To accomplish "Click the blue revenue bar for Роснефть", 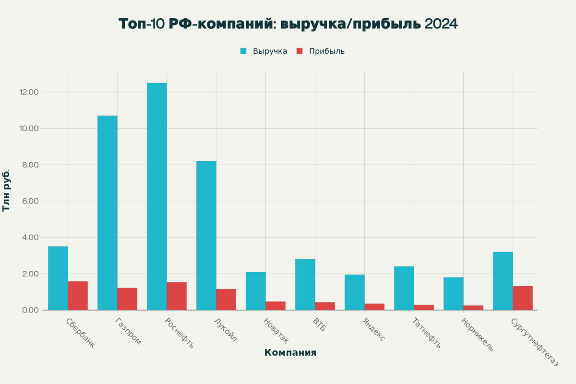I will coord(157,196).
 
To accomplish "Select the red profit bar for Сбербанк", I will coord(78,296).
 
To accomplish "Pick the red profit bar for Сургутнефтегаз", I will coord(523,298).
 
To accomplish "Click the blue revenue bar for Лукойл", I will coord(206,235).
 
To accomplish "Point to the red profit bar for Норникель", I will coord(473,308).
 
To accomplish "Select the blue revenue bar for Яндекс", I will coord(354,292).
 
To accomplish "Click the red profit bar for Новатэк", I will coord(276,306).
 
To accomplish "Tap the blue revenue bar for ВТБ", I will coord(305,285).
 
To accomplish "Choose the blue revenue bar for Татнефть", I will coord(404,288).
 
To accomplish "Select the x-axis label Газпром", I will coord(128,331).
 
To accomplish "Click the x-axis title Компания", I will coord(290,353).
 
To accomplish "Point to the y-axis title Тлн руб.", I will coord(6,190).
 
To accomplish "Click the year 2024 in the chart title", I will coord(441,24).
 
